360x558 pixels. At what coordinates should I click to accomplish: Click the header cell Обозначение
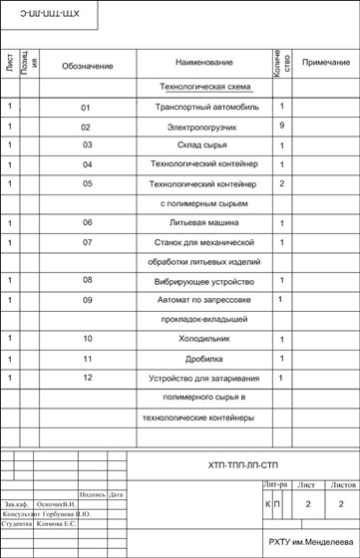click(87, 66)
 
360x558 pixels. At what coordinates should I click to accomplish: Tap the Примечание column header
click(324, 62)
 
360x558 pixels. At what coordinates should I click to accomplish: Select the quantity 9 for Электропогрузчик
click(282, 126)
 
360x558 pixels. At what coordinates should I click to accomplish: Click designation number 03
click(87, 145)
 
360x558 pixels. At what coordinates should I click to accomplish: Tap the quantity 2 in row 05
click(282, 184)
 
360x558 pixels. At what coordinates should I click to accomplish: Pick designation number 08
click(87, 281)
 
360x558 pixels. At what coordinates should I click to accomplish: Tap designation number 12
click(87, 378)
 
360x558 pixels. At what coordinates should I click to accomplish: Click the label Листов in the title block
click(342, 484)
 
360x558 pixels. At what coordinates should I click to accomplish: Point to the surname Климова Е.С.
click(57, 523)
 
